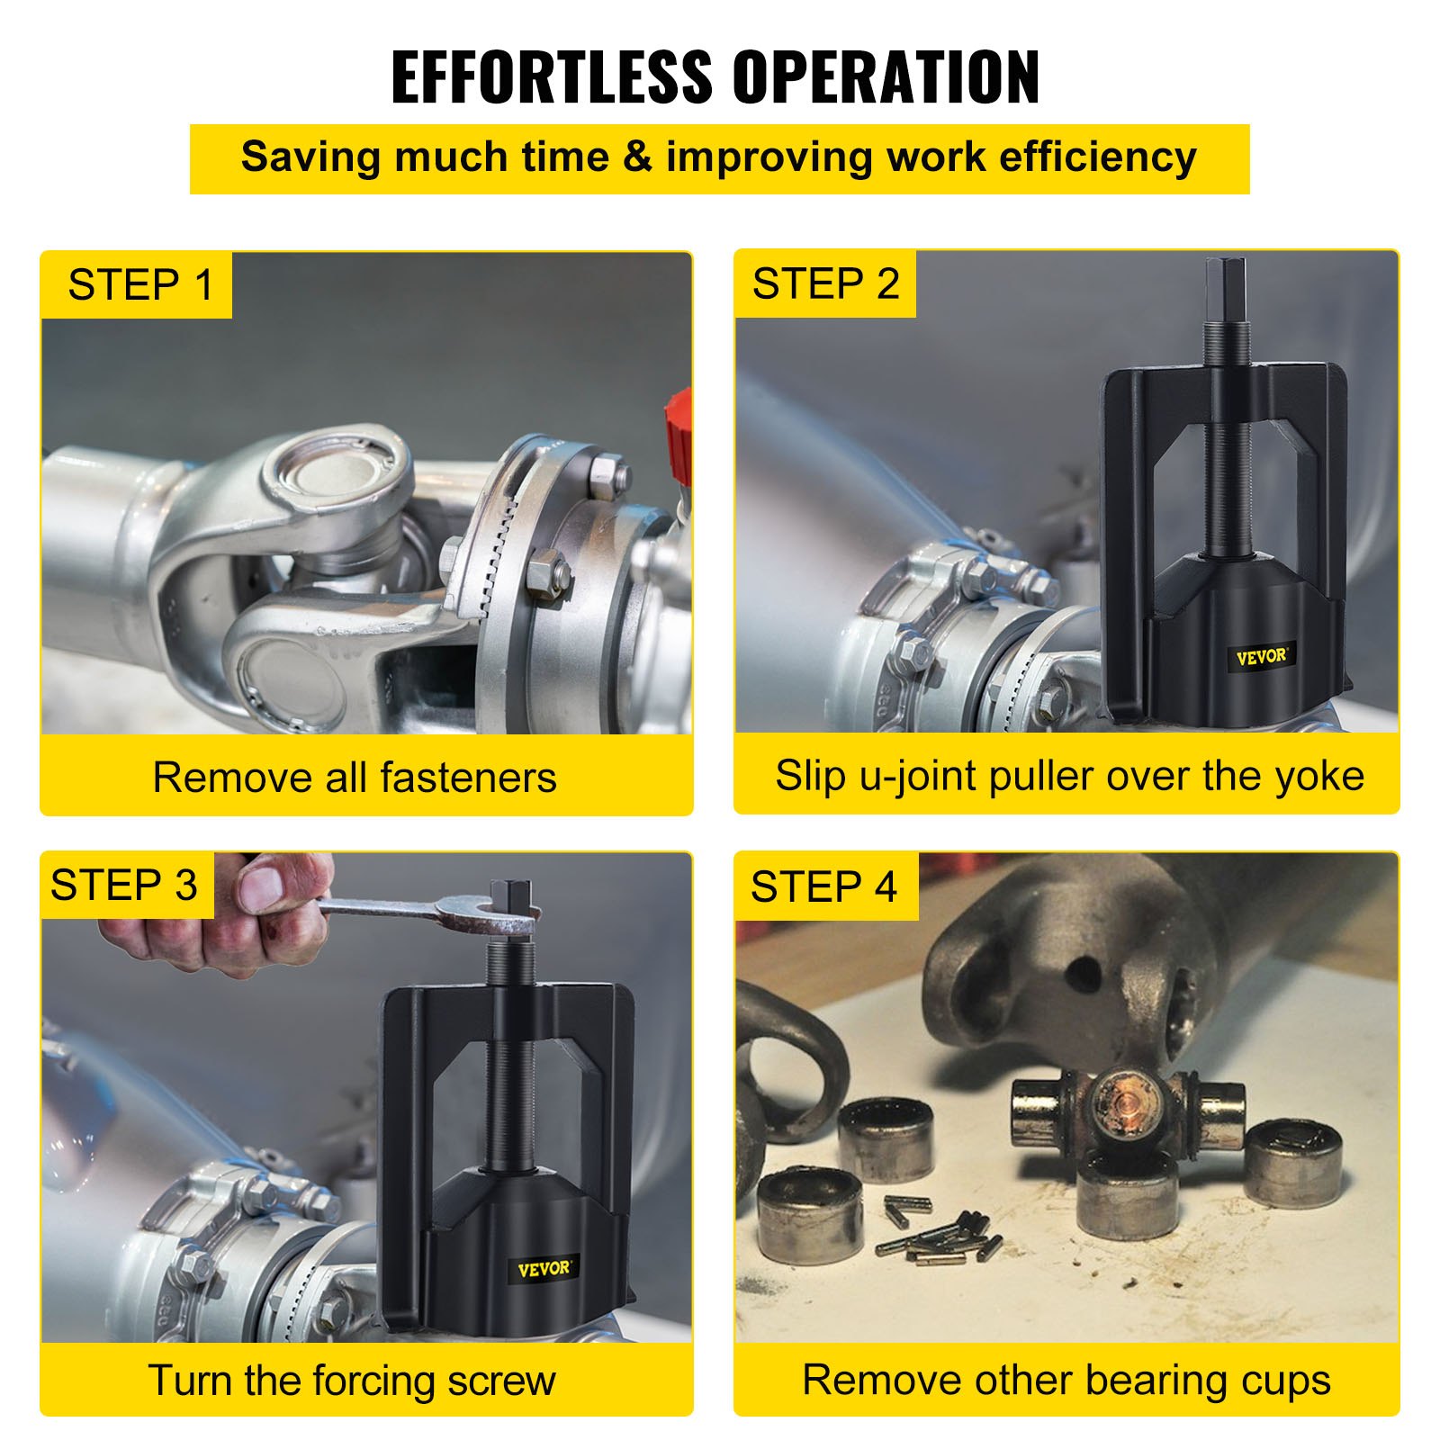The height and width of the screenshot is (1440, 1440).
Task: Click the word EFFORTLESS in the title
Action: click(x=551, y=77)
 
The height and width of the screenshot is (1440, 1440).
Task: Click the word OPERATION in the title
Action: click(x=886, y=77)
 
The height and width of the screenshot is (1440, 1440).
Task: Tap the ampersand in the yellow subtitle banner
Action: click(x=637, y=157)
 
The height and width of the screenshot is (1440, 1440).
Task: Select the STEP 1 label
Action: click(x=140, y=285)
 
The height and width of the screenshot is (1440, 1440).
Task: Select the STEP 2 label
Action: click(x=825, y=284)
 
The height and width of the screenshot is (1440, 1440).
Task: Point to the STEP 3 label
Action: click(x=124, y=885)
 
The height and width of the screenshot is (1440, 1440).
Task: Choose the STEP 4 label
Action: click(x=823, y=887)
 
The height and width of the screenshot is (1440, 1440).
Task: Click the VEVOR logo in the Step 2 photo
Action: click(x=1260, y=657)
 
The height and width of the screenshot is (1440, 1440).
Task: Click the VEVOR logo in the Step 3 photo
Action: click(x=544, y=1269)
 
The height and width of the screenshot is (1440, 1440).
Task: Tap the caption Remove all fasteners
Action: click(x=355, y=778)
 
